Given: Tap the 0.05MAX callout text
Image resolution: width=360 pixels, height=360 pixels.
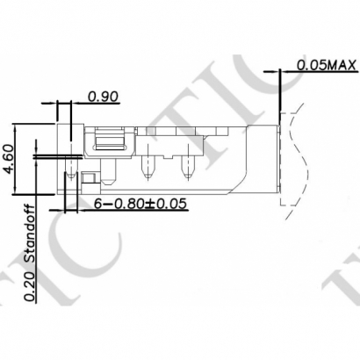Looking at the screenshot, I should coord(326,65).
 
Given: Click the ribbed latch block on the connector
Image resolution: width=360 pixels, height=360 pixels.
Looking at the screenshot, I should coord(109,138).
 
